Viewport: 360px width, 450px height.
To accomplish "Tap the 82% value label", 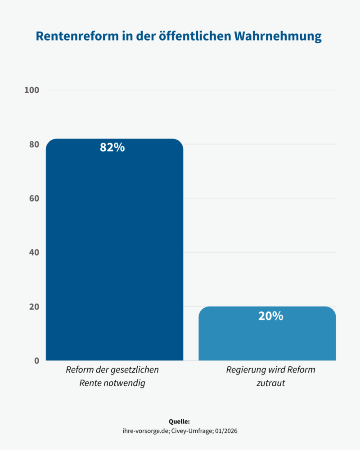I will click(x=112, y=147).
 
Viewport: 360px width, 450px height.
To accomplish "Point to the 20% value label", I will click(x=270, y=316).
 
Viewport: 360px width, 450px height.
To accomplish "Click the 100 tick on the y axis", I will click(x=31, y=90).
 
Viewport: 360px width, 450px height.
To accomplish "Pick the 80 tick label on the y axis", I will click(x=34, y=144).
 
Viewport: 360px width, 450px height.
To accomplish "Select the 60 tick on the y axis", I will click(x=34, y=198).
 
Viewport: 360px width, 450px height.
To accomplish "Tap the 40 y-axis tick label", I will click(x=34, y=252).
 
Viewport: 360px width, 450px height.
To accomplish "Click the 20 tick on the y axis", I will click(x=34, y=306).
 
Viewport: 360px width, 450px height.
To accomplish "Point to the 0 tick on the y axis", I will click(x=36, y=360).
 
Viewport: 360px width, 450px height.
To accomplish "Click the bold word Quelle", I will click(x=179, y=422).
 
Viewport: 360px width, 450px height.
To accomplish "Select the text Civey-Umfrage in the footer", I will click(x=190, y=431).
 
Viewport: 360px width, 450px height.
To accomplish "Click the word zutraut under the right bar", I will click(x=270, y=383).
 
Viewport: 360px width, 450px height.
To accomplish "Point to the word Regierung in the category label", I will click(x=245, y=370).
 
